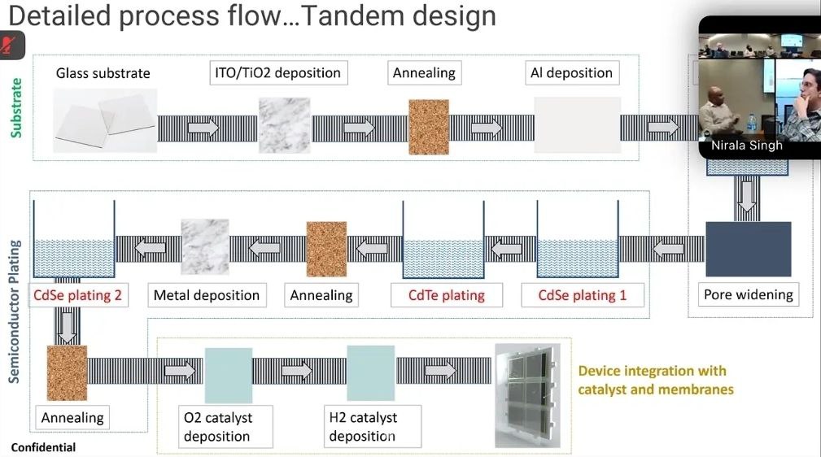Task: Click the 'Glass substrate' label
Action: point(103,73)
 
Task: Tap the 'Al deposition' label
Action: point(571,72)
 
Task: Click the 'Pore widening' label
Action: point(748,294)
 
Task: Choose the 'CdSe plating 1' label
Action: point(583,295)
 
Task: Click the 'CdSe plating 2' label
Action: point(77,295)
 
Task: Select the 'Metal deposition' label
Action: point(207,295)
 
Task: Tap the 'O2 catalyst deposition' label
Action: point(218,427)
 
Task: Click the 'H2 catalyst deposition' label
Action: point(363,427)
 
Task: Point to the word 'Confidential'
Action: point(43,447)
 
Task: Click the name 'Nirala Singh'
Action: point(746,146)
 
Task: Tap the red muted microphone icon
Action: point(11,44)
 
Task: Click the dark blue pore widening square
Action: point(748,249)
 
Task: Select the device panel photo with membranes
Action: point(526,395)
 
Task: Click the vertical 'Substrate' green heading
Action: point(15,107)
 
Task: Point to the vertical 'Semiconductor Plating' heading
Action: point(15,311)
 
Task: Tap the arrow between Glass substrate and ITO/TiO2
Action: point(203,128)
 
